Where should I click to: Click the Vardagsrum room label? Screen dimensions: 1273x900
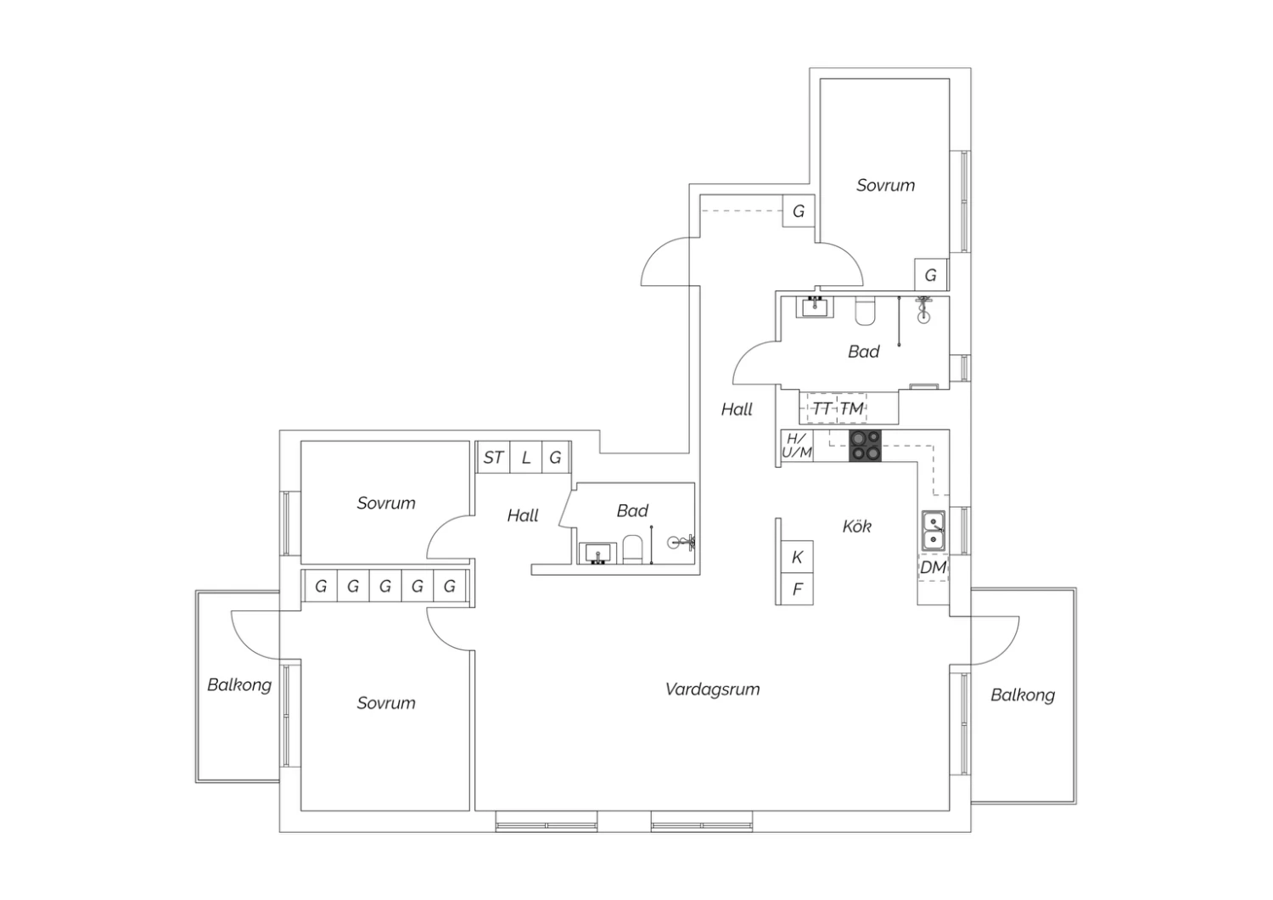[x=712, y=690]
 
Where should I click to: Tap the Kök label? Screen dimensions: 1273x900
[x=856, y=526]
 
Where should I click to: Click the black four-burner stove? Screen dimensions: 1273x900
[x=865, y=446]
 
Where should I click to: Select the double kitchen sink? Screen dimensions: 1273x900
[x=934, y=531]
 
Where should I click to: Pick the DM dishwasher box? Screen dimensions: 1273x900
[x=934, y=567]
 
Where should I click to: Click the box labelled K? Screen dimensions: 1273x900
[x=798, y=557]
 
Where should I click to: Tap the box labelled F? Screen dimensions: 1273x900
[x=798, y=589]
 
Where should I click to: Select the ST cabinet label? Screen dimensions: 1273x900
[x=493, y=458]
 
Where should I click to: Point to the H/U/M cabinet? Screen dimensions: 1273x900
[x=797, y=446]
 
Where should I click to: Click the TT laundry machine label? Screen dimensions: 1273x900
[x=822, y=408]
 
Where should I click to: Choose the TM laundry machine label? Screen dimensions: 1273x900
[x=852, y=408]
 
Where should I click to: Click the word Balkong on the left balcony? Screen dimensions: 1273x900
[x=239, y=685]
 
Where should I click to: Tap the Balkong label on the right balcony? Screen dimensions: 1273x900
[x=1023, y=695]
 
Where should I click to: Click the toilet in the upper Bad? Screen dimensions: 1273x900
[x=865, y=311]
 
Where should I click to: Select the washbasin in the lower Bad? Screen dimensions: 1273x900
[x=597, y=554]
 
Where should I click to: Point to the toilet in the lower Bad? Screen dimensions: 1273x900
[x=632, y=549]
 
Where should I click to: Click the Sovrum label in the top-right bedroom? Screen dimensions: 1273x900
[x=885, y=185]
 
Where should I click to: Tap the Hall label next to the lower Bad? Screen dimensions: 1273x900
[x=523, y=515]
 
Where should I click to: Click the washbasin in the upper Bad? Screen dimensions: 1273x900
[x=815, y=307]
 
